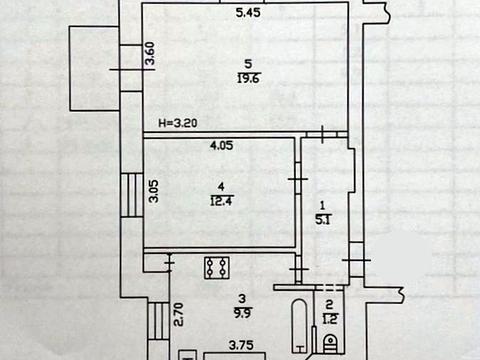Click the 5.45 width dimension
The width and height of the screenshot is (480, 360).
[x=248, y=13]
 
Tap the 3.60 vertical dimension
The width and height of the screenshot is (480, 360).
[x=151, y=53]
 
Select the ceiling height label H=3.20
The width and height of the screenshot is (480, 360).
[x=178, y=123]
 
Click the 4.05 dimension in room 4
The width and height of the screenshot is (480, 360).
[x=221, y=145]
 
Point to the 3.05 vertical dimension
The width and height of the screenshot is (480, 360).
[x=154, y=191]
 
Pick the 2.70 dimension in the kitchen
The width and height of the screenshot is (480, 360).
[x=178, y=314]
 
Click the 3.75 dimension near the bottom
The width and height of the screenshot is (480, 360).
[x=241, y=345]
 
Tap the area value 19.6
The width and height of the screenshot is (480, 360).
[x=249, y=79]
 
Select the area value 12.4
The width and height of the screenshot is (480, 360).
[x=221, y=201]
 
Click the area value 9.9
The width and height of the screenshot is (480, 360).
[x=242, y=313]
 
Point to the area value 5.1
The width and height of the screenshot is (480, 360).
[x=322, y=220]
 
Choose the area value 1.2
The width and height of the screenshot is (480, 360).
[x=330, y=319]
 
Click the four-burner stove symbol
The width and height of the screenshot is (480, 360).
[x=217, y=268]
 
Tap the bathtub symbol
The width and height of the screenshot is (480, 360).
[x=301, y=326]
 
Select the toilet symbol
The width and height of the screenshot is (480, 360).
[x=331, y=343]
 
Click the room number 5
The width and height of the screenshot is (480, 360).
[x=248, y=63]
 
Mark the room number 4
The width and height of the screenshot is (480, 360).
[x=221, y=186]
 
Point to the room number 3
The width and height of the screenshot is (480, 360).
[x=242, y=298]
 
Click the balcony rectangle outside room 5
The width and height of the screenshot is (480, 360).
[x=94, y=68]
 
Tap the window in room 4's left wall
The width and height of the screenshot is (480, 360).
[x=132, y=195]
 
